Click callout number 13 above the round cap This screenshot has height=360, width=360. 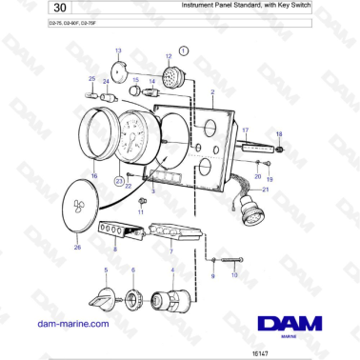tap(118, 50)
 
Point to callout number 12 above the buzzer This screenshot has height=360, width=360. tap(169, 56)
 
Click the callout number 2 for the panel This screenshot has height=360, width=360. tap(212, 92)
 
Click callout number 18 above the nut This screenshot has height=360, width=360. tap(279, 134)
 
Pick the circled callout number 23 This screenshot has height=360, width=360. tap(118, 180)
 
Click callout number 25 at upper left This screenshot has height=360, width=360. tap(91, 79)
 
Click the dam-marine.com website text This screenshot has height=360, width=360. tap(72, 323)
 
